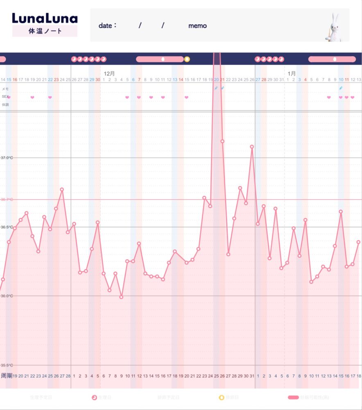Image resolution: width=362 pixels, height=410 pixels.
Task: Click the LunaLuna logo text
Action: (x=45, y=18)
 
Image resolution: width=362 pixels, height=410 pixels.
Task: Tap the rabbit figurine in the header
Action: (x=333, y=26)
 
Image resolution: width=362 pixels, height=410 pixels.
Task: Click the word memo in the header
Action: (x=197, y=26)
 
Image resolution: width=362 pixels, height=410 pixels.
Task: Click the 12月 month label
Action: (x=109, y=73)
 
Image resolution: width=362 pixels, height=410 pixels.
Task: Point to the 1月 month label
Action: (x=292, y=73)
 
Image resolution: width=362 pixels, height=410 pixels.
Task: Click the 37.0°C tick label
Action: (x=7, y=158)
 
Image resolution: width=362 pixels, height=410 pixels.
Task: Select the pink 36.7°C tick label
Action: (x=7, y=200)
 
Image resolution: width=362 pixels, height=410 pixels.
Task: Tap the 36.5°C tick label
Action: (x=7, y=227)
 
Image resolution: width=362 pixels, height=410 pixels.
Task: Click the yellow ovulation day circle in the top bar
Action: (x=187, y=59)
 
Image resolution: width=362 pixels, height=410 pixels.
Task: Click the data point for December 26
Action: (x=252, y=146)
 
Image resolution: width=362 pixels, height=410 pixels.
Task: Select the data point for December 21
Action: (x=222, y=141)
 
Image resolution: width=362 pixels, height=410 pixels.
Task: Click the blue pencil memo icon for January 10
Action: (x=341, y=88)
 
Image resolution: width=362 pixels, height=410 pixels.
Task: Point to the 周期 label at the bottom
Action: (x=6, y=376)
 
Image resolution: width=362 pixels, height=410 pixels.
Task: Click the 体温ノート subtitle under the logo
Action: (x=45, y=31)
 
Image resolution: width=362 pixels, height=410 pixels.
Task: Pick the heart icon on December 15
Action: (x=187, y=98)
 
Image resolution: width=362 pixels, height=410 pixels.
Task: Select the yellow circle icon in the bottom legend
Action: (x=222, y=397)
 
